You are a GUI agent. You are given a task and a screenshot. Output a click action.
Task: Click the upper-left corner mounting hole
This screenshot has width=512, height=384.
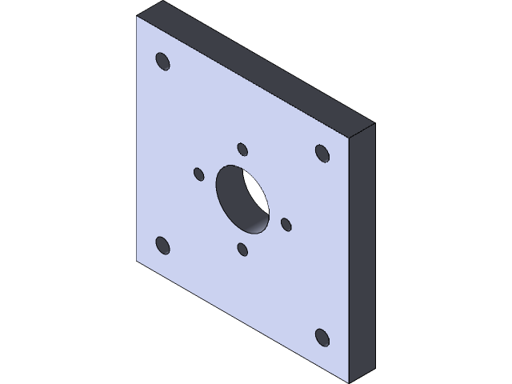(x=162, y=62)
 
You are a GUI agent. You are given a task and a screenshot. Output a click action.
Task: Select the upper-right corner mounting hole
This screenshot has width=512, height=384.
(x=322, y=152)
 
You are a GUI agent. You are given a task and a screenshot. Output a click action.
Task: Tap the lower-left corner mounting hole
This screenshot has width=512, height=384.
(x=162, y=245)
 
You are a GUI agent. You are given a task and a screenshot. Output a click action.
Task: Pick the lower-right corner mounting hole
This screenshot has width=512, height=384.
(x=322, y=337)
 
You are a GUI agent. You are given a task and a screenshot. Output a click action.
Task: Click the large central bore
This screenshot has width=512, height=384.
(x=242, y=199)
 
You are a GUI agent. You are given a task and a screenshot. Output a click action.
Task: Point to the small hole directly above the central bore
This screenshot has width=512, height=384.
(x=242, y=149)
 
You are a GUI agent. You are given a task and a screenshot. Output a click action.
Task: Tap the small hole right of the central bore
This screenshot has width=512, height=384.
(x=286, y=225)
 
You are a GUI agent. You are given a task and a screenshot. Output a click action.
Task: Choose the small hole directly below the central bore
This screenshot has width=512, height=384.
(x=242, y=250)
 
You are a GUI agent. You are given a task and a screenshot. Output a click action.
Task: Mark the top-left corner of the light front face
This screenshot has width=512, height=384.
(x=137, y=17)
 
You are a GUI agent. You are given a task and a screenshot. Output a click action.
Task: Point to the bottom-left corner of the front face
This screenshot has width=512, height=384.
(x=137, y=262)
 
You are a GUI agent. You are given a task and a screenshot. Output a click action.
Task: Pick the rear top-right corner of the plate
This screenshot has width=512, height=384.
(x=374, y=124)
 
